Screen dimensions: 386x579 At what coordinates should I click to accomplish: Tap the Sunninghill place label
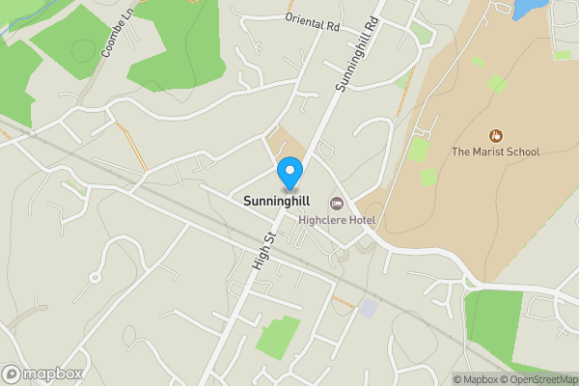[269, 202]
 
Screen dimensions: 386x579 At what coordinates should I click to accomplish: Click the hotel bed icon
[336, 203]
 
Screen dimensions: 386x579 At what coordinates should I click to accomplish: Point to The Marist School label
[495, 152]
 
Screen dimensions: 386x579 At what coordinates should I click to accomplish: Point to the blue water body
[527, 9]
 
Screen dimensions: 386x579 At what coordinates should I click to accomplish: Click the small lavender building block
[369, 307]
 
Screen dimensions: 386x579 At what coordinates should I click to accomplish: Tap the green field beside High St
[278, 336]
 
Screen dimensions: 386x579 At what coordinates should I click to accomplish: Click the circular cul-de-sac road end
[95, 277]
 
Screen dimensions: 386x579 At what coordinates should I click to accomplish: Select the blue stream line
[19, 21]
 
